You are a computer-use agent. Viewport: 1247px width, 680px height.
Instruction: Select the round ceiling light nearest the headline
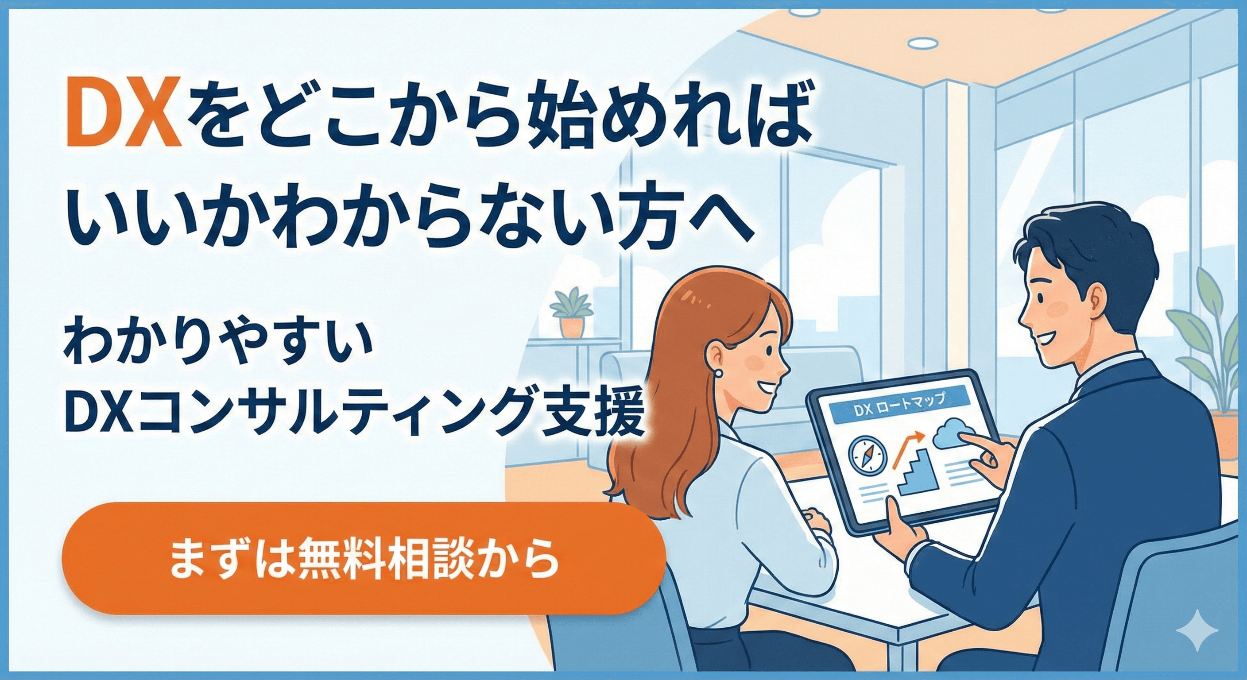pos(922,43)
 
